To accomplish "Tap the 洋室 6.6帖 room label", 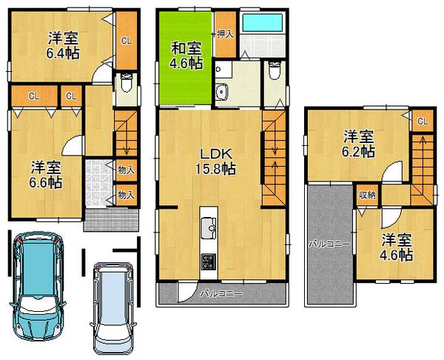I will (x=46, y=173).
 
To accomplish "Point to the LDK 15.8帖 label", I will (x=215, y=161).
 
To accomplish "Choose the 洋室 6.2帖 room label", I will (x=358, y=144).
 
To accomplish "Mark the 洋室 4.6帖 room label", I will (x=397, y=246).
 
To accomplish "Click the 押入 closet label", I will (x=225, y=34).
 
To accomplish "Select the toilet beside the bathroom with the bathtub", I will (x=275, y=73).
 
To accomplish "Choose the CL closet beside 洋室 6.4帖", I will (x=126, y=41).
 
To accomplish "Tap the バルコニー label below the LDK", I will (x=222, y=295).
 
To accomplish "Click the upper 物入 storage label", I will (x=125, y=170).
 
